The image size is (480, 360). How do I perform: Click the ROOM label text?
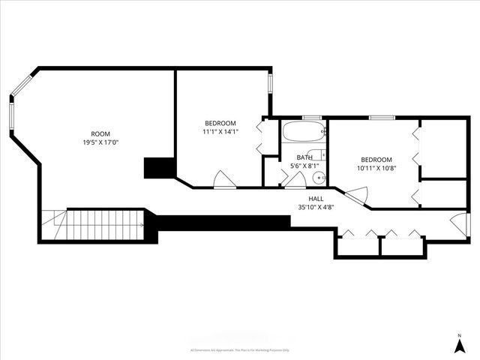pos(100,133)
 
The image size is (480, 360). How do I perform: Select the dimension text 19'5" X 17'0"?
pos(100,142)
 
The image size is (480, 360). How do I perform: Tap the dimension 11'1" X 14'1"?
pos(220,132)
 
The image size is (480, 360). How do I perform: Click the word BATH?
pos(304,157)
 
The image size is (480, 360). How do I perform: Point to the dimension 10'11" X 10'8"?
pos(376,168)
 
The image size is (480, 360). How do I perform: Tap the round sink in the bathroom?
pos(318,178)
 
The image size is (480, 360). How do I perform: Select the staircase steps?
pos(105,224)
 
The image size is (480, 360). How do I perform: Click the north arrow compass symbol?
pos(459,344)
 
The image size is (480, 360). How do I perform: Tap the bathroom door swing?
pos(295,179)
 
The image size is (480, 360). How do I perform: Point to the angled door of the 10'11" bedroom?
pos(355,196)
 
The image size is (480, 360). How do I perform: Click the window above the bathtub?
pos(312,118)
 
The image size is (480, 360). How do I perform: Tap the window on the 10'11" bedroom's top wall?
pos(382,118)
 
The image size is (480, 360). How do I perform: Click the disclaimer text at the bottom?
pos(240,349)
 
